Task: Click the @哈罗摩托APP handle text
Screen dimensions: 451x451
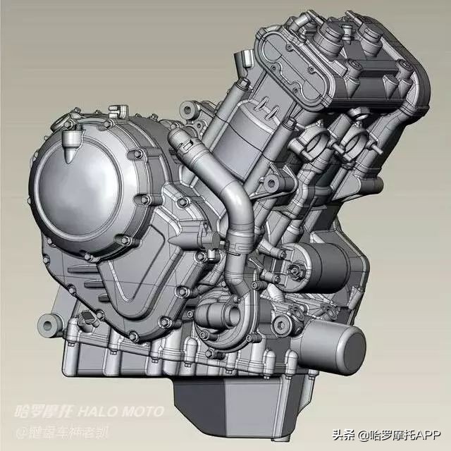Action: click(402, 434)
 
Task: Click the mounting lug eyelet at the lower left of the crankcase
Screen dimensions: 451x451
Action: click(49, 323)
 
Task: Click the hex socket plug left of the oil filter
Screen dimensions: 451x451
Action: click(281, 323)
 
